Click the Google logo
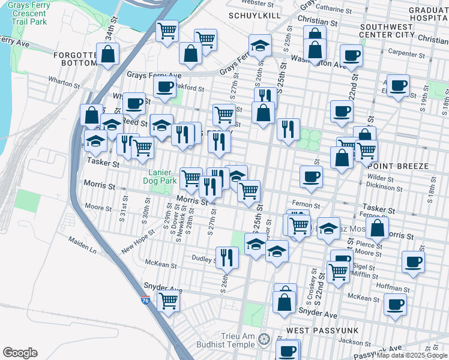tap(20, 353)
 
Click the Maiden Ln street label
tap(82, 246)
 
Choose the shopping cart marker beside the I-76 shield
tap(169, 300)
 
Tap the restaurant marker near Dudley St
tap(227, 257)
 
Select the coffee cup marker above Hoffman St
tap(413, 262)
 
